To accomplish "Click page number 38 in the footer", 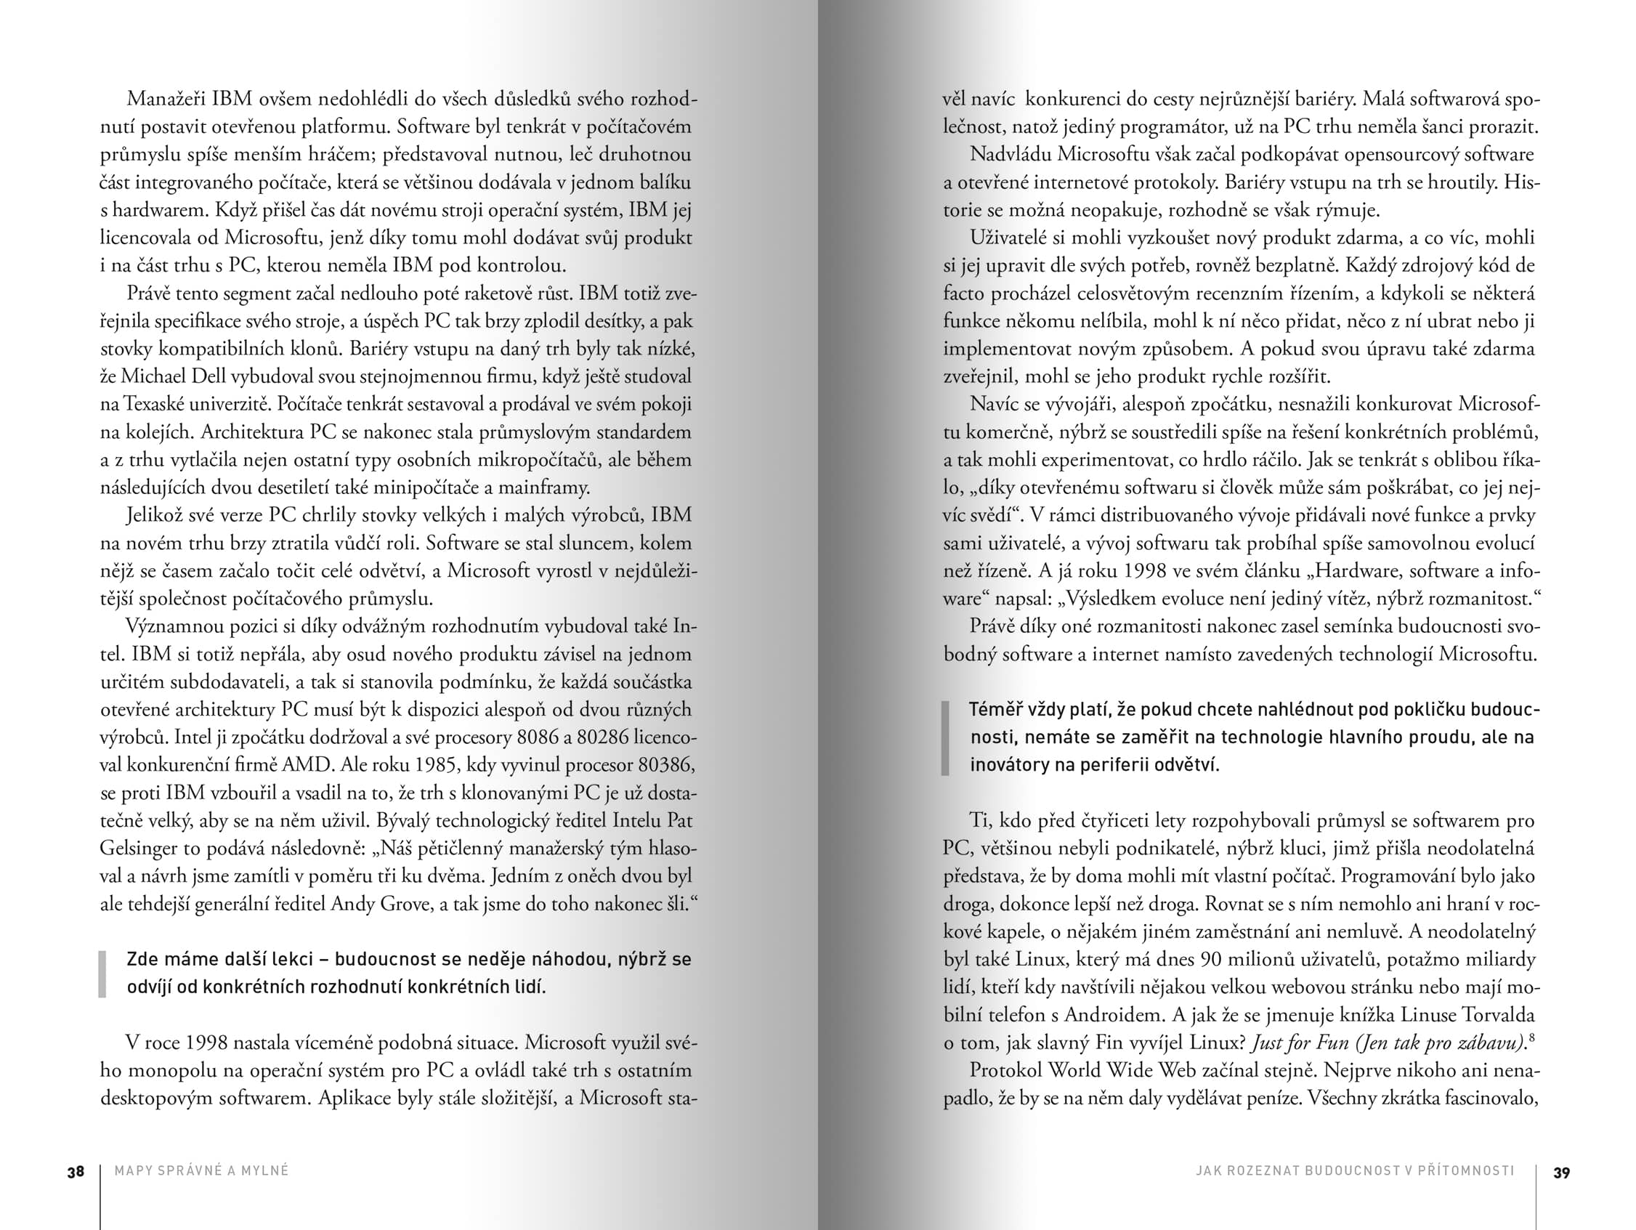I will click(76, 1173).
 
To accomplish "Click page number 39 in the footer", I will click(1561, 1173).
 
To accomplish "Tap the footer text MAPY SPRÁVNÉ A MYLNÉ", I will click(202, 1171).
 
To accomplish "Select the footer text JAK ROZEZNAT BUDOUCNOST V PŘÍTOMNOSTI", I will click(1355, 1171).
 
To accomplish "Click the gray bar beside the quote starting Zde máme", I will click(103, 974).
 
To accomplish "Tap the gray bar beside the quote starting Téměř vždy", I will click(945, 737).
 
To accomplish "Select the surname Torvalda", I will click(1498, 1015).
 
